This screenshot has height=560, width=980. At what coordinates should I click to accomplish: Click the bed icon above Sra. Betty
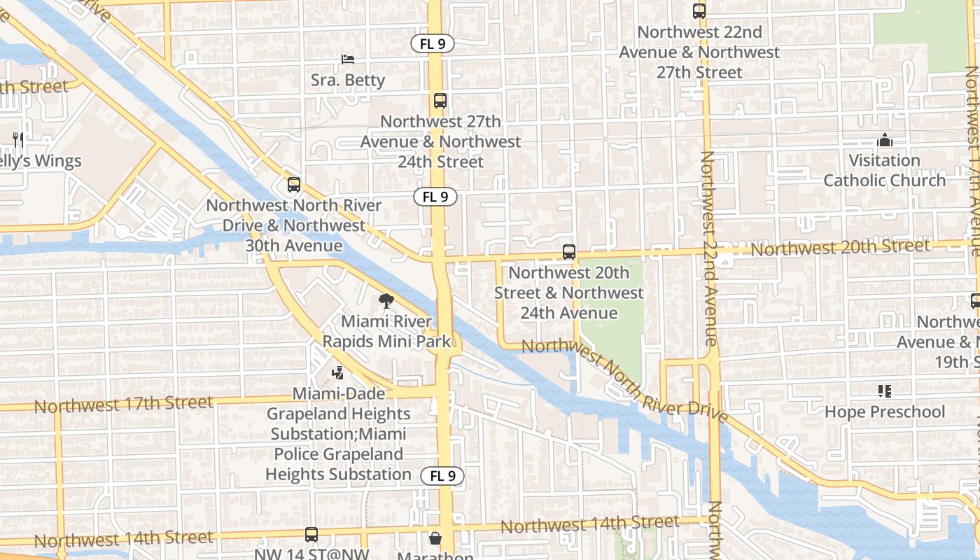pos(348,59)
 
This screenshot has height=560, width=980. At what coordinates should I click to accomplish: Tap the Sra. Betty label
pos(348,80)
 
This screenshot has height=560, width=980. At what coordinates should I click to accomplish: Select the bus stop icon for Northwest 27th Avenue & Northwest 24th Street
pos(440,101)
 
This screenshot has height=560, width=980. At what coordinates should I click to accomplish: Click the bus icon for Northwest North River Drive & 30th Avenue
pos(294,185)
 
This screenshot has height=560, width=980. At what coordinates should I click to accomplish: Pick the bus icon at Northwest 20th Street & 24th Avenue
pos(569,252)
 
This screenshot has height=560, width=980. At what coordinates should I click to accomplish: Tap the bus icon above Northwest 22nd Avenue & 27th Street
pos(699,11)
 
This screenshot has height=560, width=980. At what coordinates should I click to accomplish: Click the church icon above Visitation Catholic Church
pos(885,140)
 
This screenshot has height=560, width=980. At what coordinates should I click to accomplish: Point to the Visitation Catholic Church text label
pos(884,171)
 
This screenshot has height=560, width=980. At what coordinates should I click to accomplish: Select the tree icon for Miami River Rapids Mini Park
pos(386,302)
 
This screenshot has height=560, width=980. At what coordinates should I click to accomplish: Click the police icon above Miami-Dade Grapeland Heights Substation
pos(338,372)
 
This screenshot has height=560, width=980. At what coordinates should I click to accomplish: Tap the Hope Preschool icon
pos(885,391)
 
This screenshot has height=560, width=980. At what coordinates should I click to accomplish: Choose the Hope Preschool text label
pos(884,412)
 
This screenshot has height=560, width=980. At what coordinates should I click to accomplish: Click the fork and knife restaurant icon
pos(18,140)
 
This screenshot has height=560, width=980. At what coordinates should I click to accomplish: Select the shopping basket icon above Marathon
pos(435,538)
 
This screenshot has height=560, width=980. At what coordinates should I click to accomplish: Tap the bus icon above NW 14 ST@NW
pos(311,535)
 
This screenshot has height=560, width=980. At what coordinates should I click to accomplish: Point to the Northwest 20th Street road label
pos(840,247)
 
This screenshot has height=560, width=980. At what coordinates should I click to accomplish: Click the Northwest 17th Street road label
pos(123,404)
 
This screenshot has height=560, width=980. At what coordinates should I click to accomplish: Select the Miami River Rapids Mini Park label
pos(386,332)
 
